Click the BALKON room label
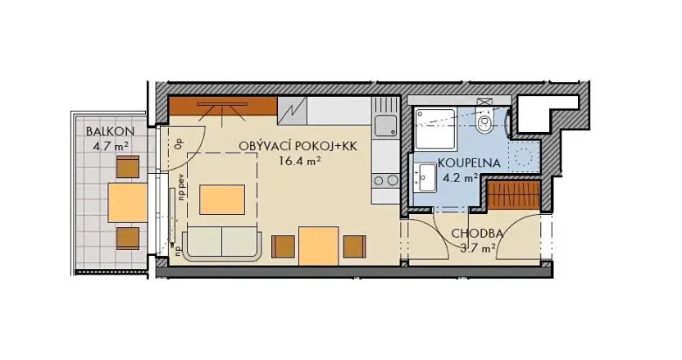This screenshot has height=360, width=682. [104, 131]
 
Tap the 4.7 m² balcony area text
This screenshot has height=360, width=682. [110, 147]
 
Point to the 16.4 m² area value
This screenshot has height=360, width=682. [299, 162]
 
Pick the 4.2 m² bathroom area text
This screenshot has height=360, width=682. [460, 176]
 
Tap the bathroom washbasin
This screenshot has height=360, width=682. [425, 175]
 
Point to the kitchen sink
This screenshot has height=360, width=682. [384, 125]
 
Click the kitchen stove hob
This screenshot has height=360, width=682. [384, 180]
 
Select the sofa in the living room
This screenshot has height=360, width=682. [221, 244]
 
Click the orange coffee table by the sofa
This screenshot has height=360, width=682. [222, 198]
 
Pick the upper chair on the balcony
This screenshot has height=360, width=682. [128, 167]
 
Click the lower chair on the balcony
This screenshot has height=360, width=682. [128, 238]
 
